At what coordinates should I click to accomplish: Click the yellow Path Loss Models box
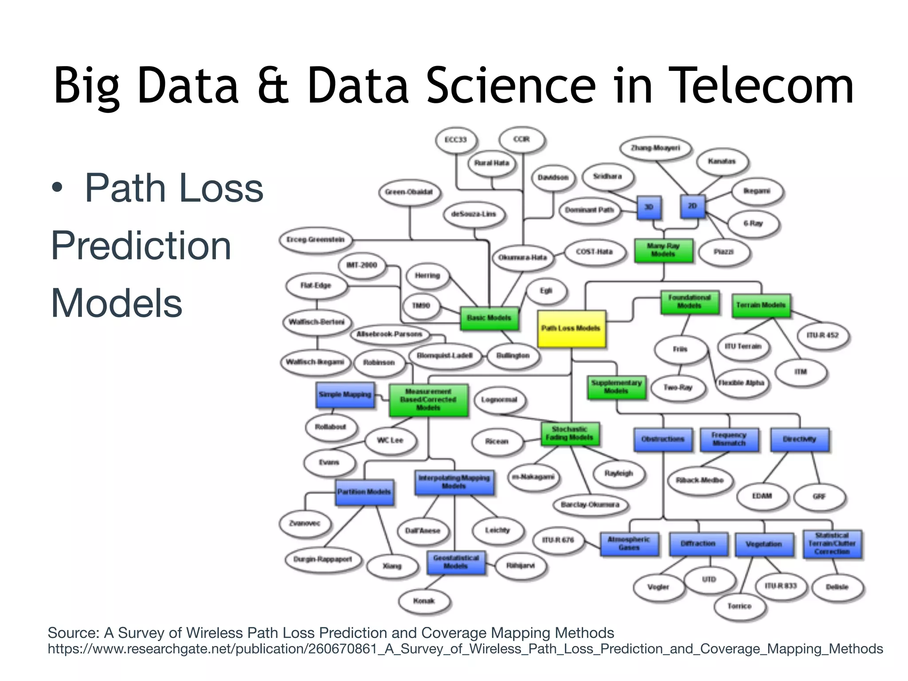pyautogui.click(x=571, y=329)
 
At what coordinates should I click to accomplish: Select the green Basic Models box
pyautogui.click(x=489, y=318)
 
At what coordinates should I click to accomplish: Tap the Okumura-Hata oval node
pyautogui.click(x=523, y=258)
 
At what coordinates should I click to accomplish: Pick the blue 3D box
pyautogui.click(x=649, y=207)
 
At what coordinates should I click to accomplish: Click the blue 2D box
pyautogui.click(x=692, y=206)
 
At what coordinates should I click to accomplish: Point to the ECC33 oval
pyautogui.click(x=456, y=140)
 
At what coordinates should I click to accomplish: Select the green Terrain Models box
pyautogui.click(x=761, y=305)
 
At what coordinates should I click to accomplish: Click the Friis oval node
pyautogui.click(x=680, y=349)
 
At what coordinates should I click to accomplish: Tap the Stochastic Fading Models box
pyautogui.click(x=570, y=434)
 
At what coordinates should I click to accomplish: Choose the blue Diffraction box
pyautogui.click(x=698, y=544)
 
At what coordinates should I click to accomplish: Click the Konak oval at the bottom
pyautogui.click(x=424, y=601)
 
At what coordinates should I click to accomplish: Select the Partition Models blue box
pyautogui.click(x=364, y=492)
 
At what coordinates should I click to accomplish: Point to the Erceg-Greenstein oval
pyautogui.click(x=316, y=240)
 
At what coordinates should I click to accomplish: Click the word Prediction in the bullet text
pyautogui.click(x=141, y=246)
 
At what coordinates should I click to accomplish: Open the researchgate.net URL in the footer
pyautogui.click(x=465, y=649)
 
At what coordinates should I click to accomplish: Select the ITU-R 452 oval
pyautogui.click(x=822, y=335)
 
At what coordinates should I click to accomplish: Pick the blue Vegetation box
pyautogui.click(x=763, y=544)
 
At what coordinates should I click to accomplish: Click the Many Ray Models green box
pyautogui.click(x=663, y=250)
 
